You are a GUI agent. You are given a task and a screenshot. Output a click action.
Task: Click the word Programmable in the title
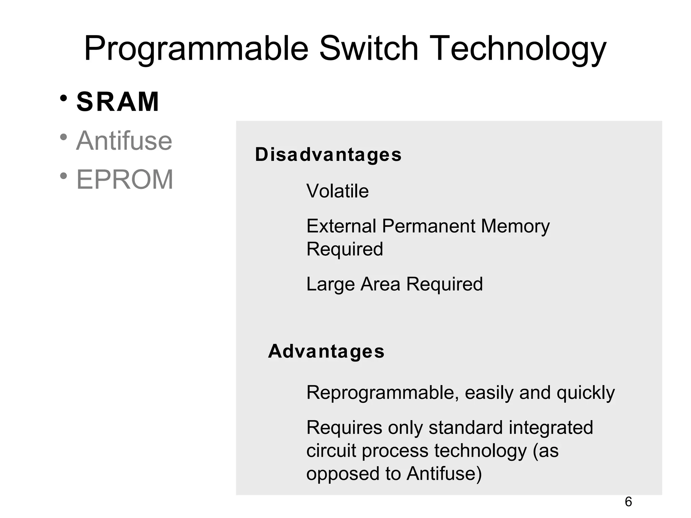click(196, 49)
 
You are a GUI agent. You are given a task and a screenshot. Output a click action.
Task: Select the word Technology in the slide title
click(518, 49)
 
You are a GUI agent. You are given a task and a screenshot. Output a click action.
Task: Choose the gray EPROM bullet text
click(125, 179)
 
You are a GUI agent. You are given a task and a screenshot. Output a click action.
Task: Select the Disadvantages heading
click(328, 155)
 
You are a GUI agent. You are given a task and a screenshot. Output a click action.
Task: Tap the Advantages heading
click(326, 351)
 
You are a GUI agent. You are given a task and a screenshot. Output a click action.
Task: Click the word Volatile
click(337, 191)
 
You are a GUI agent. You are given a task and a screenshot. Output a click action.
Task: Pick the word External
click(341, 226)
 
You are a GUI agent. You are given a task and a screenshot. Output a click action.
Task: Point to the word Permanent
click(429, 226)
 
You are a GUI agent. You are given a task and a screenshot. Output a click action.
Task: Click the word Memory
click(515, 227)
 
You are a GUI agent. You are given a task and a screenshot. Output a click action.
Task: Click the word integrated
click(551, 428)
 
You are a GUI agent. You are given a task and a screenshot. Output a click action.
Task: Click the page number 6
click(628, 502)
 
